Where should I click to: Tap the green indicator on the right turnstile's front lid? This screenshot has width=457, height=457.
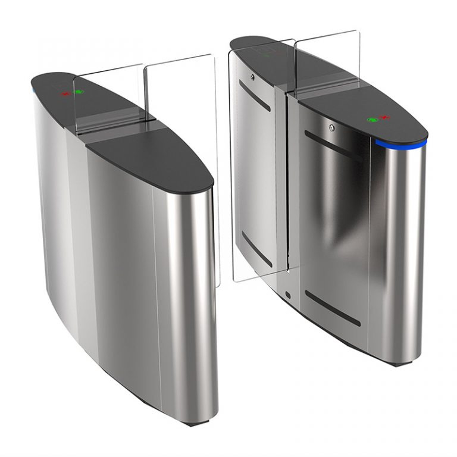click(373, 119)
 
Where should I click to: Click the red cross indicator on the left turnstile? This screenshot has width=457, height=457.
click(65, 93)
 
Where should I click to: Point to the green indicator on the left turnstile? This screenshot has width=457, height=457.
click(78, 93)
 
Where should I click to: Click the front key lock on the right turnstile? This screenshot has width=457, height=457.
click(331, 127)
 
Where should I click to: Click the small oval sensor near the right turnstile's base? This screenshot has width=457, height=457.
click(288, 295)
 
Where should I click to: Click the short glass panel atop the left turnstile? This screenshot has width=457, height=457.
click(107, 98)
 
